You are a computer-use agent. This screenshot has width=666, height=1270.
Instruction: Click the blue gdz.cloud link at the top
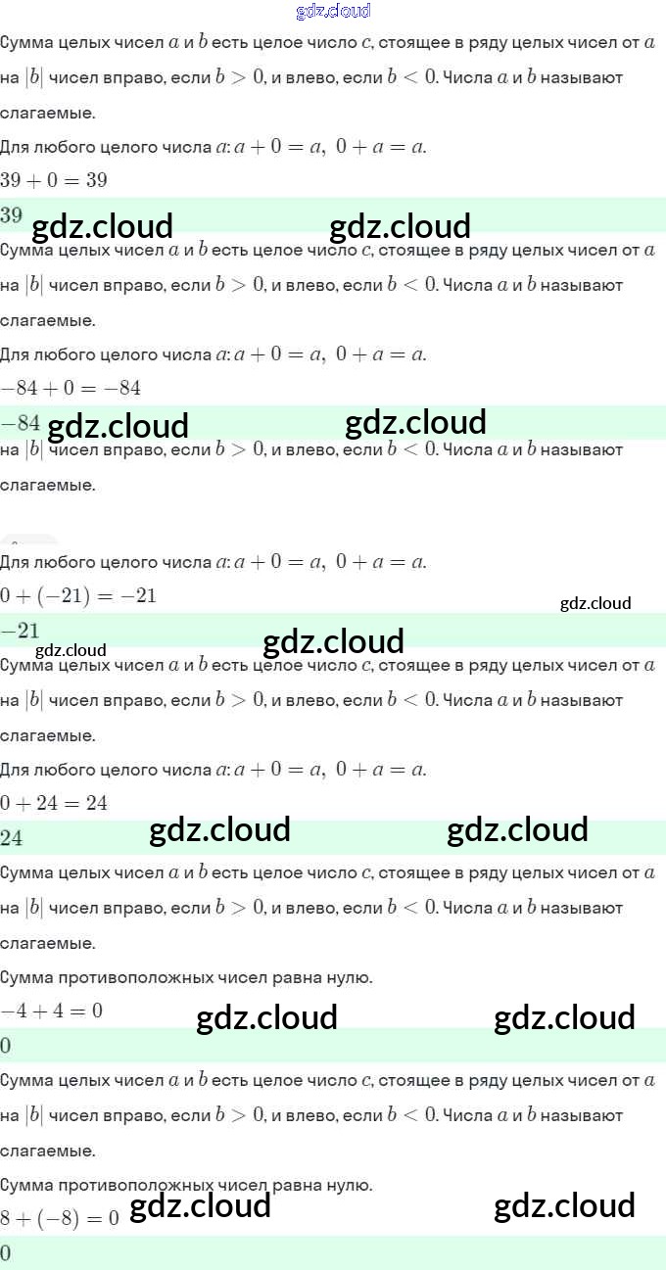(333, 12)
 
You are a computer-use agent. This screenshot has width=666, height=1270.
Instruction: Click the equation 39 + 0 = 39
(54, 180)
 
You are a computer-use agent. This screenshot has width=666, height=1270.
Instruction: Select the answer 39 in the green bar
(12, 214)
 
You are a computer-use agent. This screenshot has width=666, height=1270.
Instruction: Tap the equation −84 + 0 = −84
(71, 389)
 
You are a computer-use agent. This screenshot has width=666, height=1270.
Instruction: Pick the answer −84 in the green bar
(21, 423)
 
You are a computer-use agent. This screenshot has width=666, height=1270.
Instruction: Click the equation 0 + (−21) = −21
(78, 596)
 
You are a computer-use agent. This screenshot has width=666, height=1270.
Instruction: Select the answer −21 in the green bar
(21, 631)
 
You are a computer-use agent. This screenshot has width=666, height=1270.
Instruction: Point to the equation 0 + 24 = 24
(54, 804)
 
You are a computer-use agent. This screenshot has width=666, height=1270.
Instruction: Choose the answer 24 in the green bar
(12, 838)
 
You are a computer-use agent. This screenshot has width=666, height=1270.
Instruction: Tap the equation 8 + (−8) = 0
(60, 1219)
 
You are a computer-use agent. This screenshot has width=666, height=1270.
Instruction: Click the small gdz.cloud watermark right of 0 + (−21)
(595, 603)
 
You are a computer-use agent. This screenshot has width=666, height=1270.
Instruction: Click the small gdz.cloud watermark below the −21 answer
(71, 650)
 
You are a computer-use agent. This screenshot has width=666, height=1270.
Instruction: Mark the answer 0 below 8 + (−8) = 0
(6, 1253)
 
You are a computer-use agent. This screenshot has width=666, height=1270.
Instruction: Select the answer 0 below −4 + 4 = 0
(6, 1046)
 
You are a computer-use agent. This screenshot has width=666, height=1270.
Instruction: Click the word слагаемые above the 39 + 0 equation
(48, 113)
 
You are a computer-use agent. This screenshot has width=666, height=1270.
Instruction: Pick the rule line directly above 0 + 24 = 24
(214, 770)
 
